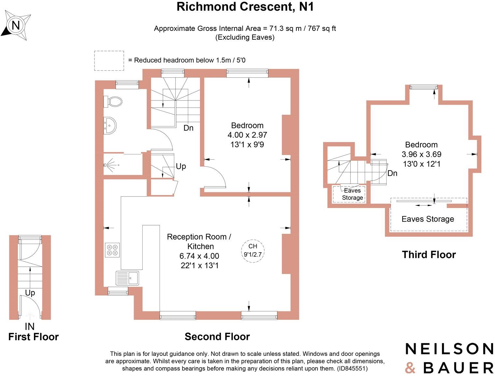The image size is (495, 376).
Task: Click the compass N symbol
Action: pyautogui.click(x=16, y=25)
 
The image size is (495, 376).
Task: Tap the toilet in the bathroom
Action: pyautogui.click(x=113, y=101)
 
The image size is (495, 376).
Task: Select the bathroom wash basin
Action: pyautogui.click(x=110, y=125)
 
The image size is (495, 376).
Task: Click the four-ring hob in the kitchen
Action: pyautogui.click(x=112, y=250)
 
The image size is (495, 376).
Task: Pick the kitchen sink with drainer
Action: pyautogui.click(x=127, y=278)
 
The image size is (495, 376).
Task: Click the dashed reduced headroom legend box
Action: pyautogui.click(x=109, y=60)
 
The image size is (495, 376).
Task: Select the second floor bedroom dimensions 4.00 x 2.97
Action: pyautogui.click(x=247, y=135)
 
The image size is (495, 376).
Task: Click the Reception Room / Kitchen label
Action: pyautogui.click(x=199, y=241)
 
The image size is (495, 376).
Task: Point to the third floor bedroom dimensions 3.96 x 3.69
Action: pyautogui.click(x=421, y=154)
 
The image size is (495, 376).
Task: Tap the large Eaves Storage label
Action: pyautogui.click(x=428, y=219)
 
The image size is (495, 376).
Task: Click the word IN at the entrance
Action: pyautogui.click(x=30, y=327)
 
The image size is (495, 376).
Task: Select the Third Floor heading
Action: pyautogui.click(x=429, y=255)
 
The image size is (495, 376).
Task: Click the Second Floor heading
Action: pyautogui.click(x=217, y=337)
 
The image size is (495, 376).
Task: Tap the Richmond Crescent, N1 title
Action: pyautogui.click(x=245, y=6)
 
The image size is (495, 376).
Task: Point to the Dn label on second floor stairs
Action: pyautogui.click(x=188, y=128)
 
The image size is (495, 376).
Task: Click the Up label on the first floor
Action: pyautogui.click(x=30, y=293)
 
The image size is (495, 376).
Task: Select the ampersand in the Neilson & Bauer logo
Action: pyautogui.click(x=410, y=368)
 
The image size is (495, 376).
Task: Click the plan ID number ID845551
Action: pyautogui.click(x=352, y=368)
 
